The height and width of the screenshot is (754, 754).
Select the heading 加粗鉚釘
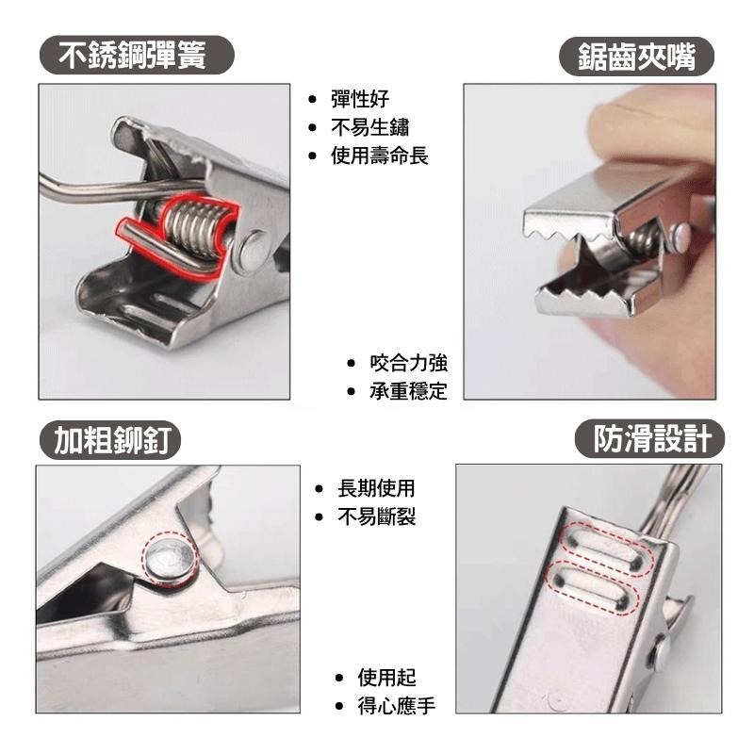coord(111,439)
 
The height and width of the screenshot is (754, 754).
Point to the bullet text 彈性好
coord(360,100)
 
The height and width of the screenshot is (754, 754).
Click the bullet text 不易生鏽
coord(369,128)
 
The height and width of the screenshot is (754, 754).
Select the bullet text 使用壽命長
coord(379,156)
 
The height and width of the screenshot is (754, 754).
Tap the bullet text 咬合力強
coord(408,363)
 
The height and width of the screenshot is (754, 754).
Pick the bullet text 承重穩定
coord(408,391)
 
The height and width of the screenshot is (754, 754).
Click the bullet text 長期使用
coord(376,489)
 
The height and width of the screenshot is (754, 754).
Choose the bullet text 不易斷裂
coord(376,517)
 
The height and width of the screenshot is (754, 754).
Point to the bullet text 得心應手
coord(396,706)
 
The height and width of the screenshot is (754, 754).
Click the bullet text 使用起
coord(386,678)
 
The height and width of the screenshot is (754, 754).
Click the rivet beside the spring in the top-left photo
coord(253,249)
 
